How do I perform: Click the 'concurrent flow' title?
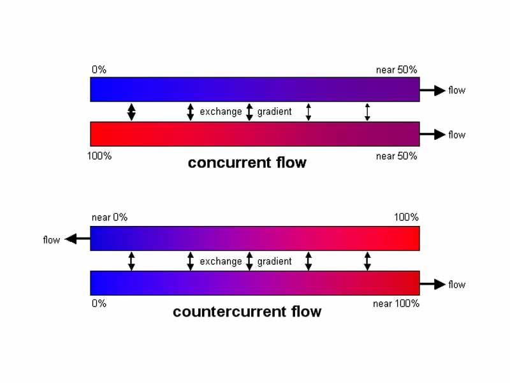pos(247,163)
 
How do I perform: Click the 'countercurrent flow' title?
pos(247,312)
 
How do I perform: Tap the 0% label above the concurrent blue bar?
pos(99,70)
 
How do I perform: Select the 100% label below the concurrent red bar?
pos(99,156)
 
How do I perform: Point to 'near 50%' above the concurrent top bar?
pos(397,70)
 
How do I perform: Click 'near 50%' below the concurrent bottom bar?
pos(397,156)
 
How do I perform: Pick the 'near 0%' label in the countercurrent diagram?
pos(110,217)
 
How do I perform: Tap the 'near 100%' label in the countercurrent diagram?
pos(396,304)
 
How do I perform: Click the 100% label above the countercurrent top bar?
pos(406,217)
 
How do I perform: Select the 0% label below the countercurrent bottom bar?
pos(99,304)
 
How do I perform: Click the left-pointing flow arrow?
pos(78,239)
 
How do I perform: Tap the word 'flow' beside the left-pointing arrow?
pos(52,240)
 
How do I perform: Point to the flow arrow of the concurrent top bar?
pos(433,91)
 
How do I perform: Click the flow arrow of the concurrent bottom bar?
pos(433,135)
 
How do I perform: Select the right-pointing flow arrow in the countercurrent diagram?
pos(433,285)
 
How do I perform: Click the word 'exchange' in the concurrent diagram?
pos(221,112)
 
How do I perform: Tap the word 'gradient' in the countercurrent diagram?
pos(275,261)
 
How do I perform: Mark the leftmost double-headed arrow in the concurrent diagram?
pos(131,112)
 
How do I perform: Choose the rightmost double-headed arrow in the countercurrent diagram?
pos(367,261)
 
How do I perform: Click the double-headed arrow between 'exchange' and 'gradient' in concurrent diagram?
pos(249,112)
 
